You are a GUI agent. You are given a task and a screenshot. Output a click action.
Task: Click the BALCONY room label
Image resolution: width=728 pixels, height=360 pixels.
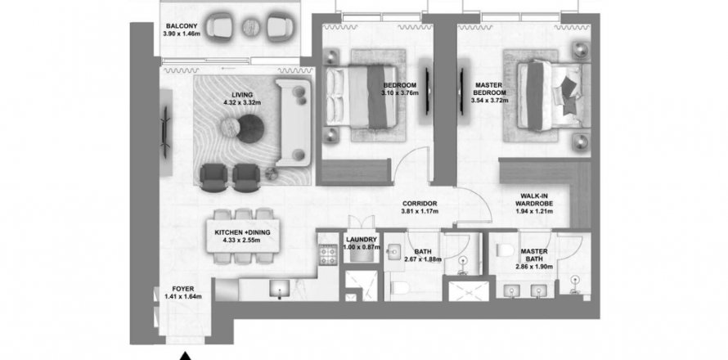(182, 26)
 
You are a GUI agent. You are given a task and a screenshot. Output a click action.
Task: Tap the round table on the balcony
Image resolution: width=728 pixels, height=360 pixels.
(251, 27)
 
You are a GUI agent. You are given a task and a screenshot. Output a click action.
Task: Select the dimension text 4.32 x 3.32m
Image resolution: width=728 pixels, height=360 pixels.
(242, 102)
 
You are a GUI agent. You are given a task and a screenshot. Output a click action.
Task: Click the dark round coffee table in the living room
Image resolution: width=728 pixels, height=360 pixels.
(250, 128)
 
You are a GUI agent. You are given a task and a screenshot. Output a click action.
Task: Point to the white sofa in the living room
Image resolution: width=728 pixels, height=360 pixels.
(293, 123)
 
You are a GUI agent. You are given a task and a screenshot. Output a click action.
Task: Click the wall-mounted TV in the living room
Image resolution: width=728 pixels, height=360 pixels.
(165, 133)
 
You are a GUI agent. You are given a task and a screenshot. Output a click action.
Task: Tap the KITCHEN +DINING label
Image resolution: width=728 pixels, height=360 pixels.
(242, 232)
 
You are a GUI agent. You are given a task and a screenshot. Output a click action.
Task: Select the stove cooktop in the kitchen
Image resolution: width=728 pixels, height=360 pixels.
(328, 255)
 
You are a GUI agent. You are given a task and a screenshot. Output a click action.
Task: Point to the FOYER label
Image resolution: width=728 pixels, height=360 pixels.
(183, 289)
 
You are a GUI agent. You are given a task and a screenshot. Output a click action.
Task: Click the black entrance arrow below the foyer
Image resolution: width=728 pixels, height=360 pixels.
(186, 356)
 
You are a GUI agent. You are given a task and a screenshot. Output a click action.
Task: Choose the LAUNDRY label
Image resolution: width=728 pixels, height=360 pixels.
(361, 240)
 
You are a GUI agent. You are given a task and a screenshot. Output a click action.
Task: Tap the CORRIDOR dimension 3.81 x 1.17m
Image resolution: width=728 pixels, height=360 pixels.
(420, 211)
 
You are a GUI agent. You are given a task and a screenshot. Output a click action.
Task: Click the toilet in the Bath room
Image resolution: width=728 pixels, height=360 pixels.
(399, 289)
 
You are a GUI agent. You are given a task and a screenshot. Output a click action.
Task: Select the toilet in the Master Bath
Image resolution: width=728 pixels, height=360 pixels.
(503, 251)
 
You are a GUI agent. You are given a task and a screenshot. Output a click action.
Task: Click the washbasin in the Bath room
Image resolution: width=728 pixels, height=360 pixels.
(393, 252)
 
